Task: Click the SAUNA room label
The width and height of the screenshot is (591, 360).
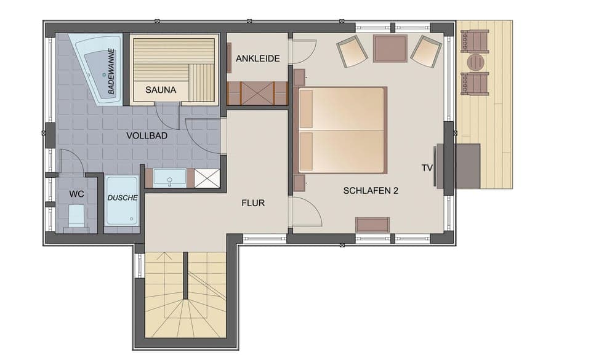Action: click(161, 90)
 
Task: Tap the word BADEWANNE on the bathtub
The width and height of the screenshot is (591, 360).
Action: click(111, 71)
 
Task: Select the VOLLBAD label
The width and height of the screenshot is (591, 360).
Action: click(147, 135)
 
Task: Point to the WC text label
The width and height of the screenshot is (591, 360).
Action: click(76, 194)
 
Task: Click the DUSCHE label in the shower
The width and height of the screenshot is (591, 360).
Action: click(123, 198)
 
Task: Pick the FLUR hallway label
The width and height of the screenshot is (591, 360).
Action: click(253, 202)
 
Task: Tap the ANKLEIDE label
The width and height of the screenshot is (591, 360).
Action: click(258, 59)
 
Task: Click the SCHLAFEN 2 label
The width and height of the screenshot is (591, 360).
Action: click(371, 191)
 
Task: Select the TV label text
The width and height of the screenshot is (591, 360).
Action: click(427, 167)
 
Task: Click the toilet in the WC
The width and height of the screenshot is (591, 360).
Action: click(76, 217)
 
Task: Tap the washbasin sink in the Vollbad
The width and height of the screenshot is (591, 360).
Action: click(169, 178)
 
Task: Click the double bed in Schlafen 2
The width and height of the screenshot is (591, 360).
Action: click(342, 130)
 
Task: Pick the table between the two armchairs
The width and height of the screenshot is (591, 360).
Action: click(390, 48)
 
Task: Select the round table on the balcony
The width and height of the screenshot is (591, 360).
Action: click(476, 62)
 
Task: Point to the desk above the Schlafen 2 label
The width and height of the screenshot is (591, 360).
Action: click(372, 225)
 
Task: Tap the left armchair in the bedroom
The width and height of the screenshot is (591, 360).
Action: click(353, 51)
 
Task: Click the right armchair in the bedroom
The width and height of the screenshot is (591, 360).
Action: click(426, 50)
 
